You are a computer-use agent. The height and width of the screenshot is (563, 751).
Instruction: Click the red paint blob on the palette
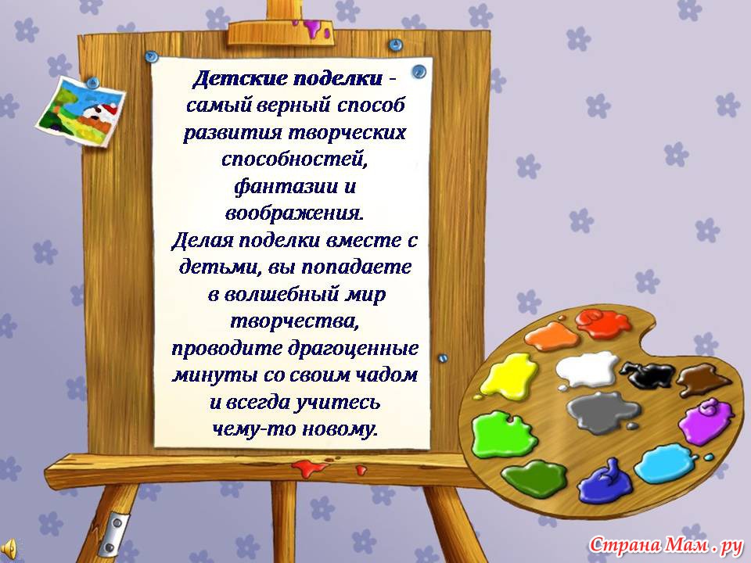[x=603, y=323]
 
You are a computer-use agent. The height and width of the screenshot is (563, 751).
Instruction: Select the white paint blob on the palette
[x=587, y=370]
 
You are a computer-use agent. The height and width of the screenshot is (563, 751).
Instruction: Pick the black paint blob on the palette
[x=647, y=375]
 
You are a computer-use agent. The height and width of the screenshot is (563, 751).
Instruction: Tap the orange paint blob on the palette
[x=552, y=336]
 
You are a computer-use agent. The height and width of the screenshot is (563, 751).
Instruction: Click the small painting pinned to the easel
[x=81, y=112]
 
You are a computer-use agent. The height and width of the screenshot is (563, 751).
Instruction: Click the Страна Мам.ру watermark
[x=666, y=545]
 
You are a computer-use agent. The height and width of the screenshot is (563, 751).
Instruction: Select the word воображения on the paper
[x=295, y=213]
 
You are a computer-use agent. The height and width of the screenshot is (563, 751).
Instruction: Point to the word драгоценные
[x=353, y=348]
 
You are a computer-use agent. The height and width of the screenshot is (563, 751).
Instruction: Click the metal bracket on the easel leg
[x=117, y=533]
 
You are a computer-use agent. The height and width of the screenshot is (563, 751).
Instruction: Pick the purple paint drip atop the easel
[x=313, y=28]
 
